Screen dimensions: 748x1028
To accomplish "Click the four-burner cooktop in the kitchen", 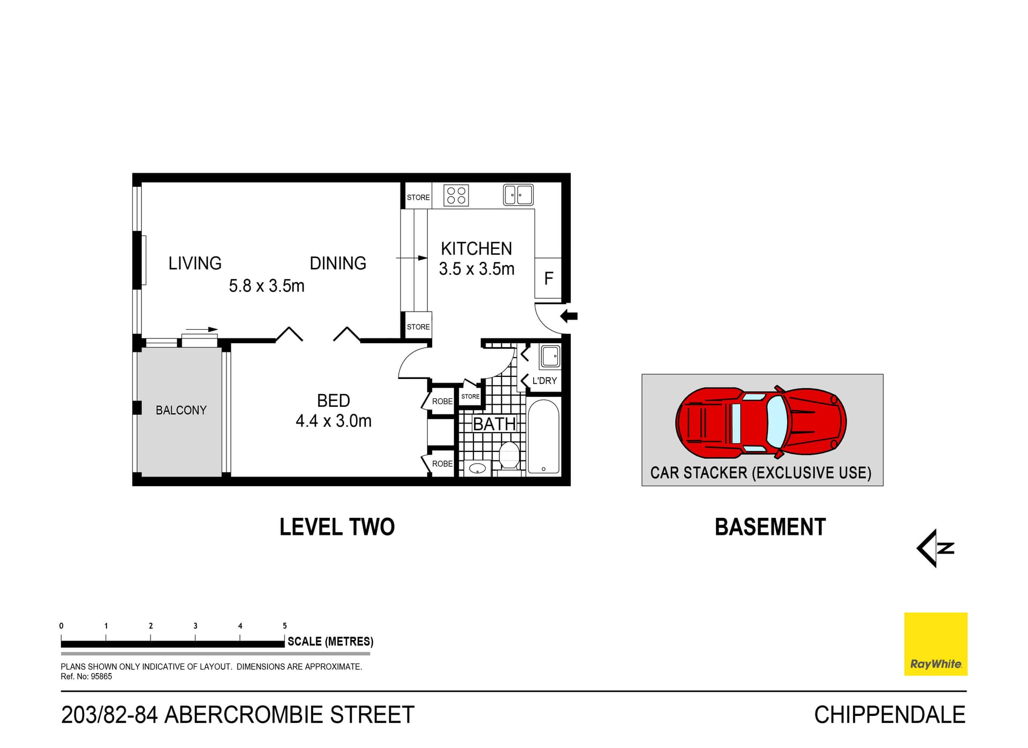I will pos(456,195).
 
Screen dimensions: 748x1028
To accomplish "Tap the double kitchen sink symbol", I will pos(518,195).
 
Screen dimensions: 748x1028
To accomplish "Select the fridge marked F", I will pos(548,278).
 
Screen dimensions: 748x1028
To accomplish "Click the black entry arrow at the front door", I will pos(569,316).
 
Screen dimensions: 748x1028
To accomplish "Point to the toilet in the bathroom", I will pos(509,456).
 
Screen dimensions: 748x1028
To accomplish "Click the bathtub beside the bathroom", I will pos(543,436).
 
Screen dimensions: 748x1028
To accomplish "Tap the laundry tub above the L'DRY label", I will pos(550,356).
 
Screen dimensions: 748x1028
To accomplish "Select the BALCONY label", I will pos(181,410).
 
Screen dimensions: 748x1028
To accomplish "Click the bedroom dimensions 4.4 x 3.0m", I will pos(334,421).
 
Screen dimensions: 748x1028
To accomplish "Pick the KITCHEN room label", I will pos(476,248).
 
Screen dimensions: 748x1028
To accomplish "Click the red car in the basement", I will pos(760,423).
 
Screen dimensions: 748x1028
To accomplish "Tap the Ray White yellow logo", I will pos(935,644).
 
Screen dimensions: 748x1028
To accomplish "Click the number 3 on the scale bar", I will pos(195,625).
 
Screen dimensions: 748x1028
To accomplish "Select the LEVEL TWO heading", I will pos(337,527).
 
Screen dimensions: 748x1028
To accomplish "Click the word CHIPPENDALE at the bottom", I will pos(889,715).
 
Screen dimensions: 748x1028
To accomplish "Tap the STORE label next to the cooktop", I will pos(418,197).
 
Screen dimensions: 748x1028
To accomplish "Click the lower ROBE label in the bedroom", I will pos(442,464).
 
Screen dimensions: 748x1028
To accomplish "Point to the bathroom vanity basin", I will pos(477,469).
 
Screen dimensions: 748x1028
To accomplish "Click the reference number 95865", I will pos(101,676).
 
